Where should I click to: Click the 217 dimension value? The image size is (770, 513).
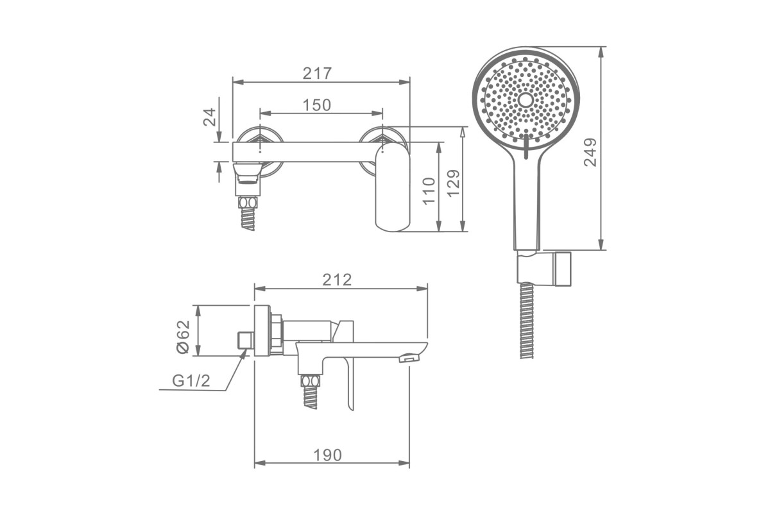(x=317, y=73)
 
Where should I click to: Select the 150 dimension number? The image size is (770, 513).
(x=316, y=105)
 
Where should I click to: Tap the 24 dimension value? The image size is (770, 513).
(x=210, y=117)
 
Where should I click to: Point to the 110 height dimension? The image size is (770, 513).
(x=429, y=191)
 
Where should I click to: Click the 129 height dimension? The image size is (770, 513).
(x=454, y=183)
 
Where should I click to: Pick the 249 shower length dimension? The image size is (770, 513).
(x=590, y=152)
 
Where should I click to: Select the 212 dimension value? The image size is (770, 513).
(x=337, y=280)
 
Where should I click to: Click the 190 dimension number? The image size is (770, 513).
(x=328, y=455)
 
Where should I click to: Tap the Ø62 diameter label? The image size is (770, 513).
(x=183, y=337)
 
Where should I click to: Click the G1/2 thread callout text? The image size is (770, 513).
(x=191, y=381)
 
